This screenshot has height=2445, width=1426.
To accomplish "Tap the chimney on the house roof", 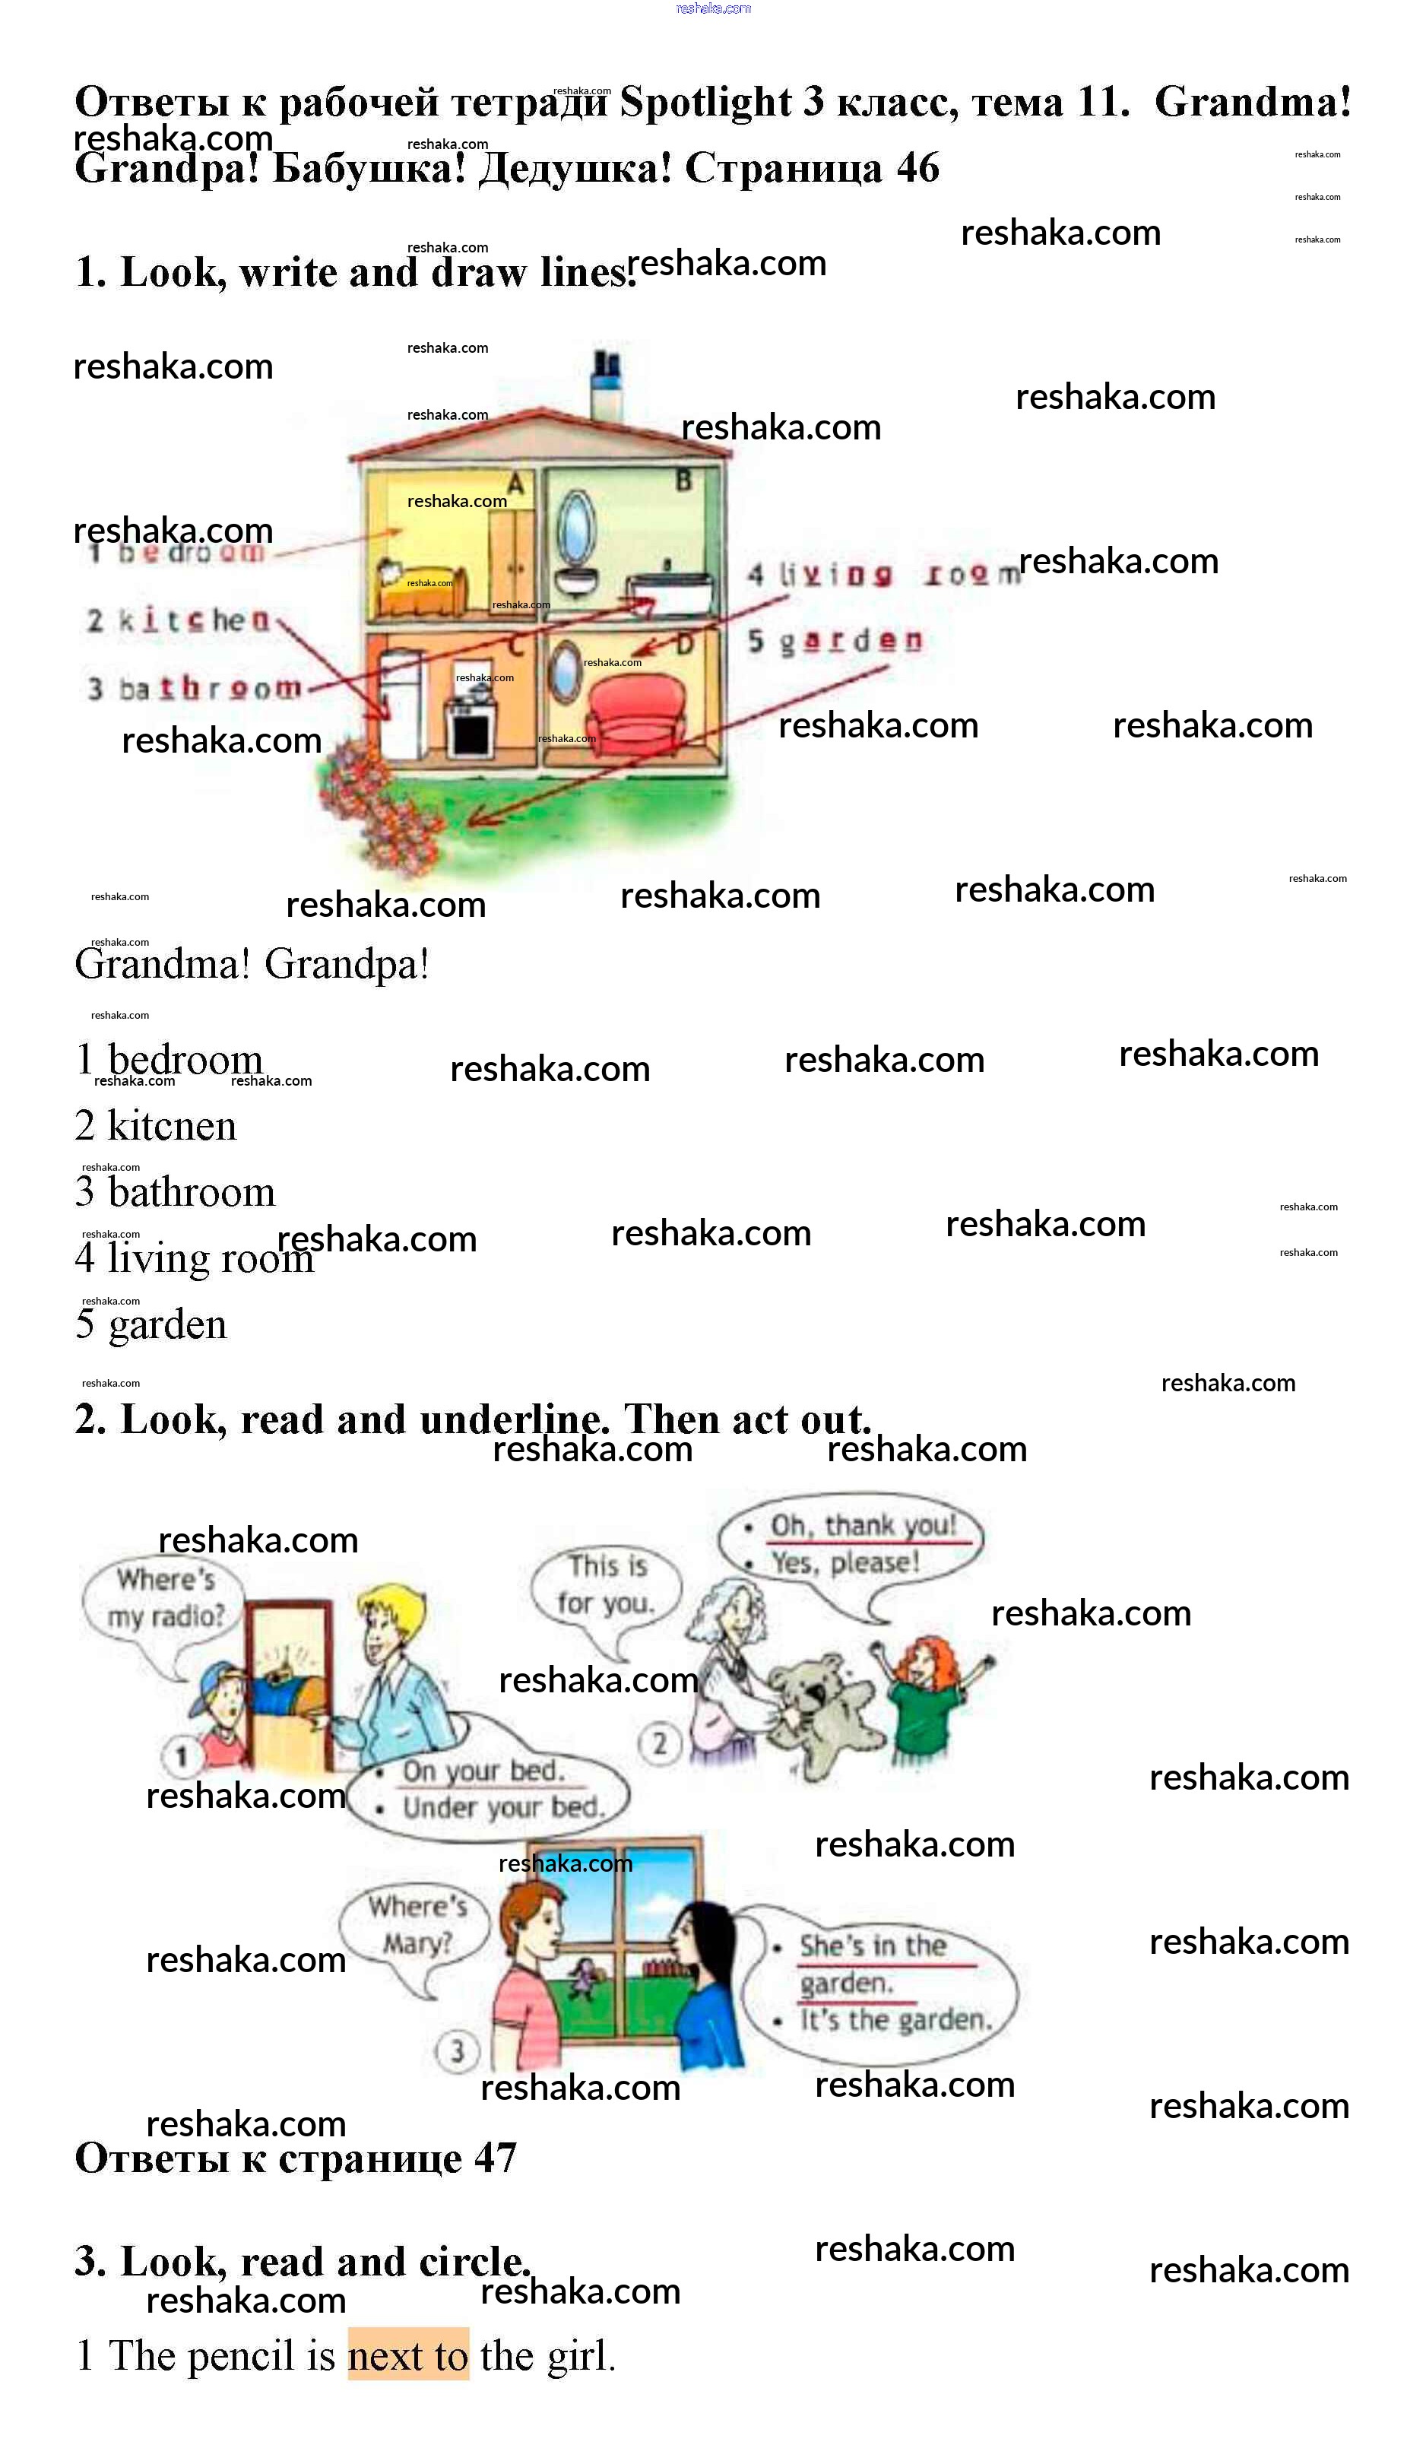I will coord(607,383).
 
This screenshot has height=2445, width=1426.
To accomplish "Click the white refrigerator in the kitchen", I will coord(401,703).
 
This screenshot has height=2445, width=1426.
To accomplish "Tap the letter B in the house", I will coord(684,480).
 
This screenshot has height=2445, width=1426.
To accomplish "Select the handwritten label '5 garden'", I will coord(835,640).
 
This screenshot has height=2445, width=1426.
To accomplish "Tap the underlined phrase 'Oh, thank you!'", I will coord(863,1526).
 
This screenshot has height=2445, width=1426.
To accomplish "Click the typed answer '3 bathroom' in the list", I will coord(176,1192).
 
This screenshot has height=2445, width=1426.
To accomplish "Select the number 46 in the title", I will coord(917,168).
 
